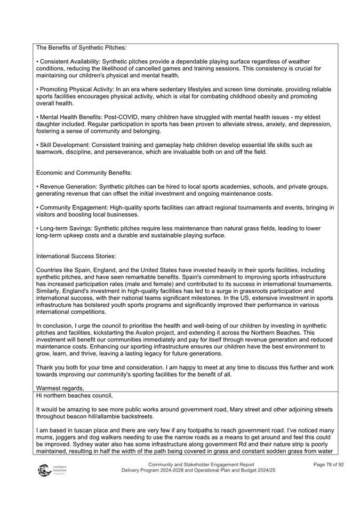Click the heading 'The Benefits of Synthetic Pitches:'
coord(81,48)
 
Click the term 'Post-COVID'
coord(130,117)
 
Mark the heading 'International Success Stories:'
coord(76,256)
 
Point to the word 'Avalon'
coord(176,332)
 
